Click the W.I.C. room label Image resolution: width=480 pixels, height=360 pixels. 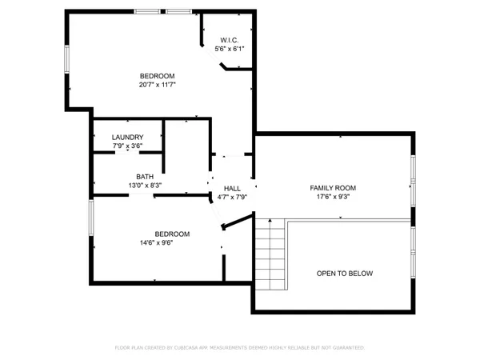[x=230, y=40]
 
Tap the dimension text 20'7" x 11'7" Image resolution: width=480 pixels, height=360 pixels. [x=157, y=84]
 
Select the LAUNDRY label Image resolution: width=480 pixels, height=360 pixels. [x=127, y=137]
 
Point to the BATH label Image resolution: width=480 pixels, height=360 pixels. [x=145, y=177]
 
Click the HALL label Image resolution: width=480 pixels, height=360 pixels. [x=232, y=188]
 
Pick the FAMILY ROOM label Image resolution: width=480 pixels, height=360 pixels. [x=333, y=188]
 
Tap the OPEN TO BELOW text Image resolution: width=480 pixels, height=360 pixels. [x=344, y=274]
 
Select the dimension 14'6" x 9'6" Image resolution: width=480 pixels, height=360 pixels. [x=156, y=243]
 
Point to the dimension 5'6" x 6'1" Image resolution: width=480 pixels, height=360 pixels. [x=230, y=49]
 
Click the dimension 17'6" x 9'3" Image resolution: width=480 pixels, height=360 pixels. [x=333, y=197]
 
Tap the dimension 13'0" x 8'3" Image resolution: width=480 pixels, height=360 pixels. [x=145, y=186]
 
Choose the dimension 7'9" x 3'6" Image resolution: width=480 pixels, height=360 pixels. [x=127, y=146]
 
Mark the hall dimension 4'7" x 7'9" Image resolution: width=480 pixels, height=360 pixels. [x=232, y=197]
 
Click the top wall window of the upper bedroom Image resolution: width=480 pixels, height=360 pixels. [x=146, y=11]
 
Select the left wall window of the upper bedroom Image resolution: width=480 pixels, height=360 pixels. [x=66, y=60]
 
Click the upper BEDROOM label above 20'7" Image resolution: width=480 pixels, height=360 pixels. [x=157, y=75]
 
